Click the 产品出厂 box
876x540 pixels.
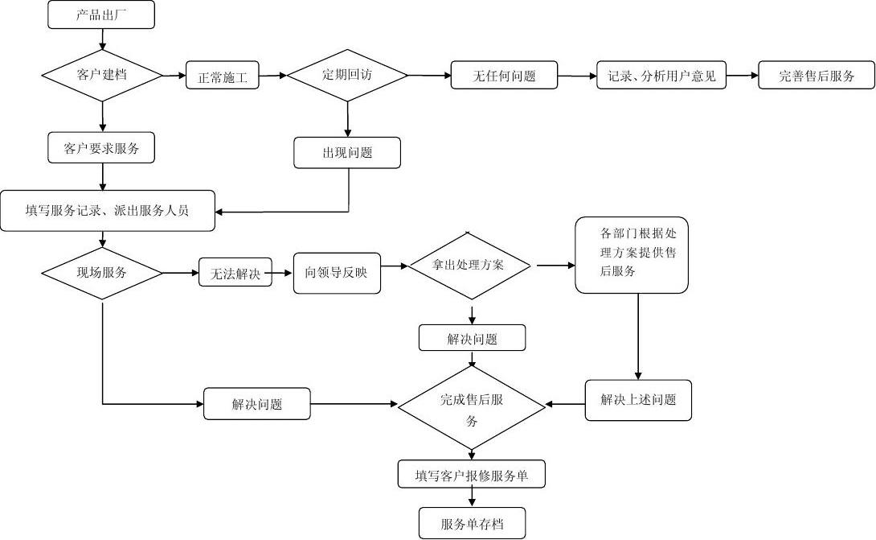coord(101,15)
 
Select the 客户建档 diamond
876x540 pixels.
coord(101,75)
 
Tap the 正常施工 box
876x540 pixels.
coord(223,76)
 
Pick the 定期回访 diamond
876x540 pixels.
coord(347,75)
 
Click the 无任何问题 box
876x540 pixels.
coord(504,76)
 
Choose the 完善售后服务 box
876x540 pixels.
coord(816,76)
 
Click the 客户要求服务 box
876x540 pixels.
coord(101,148)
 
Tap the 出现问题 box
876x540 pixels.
coord(347,153)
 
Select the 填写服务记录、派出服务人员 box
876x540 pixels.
coord(108,211)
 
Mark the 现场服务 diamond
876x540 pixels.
coord(101,272)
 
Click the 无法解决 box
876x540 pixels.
coord(235,273)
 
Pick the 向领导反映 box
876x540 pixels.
coord(337,273)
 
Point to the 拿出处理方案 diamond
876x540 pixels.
coord(471,265)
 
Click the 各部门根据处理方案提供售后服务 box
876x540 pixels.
coord(632,254)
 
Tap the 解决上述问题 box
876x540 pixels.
coord(638,400)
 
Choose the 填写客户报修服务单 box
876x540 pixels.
coord(472,475)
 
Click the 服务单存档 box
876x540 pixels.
coord(472,523)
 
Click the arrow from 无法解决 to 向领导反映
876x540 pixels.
coord(283,273)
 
